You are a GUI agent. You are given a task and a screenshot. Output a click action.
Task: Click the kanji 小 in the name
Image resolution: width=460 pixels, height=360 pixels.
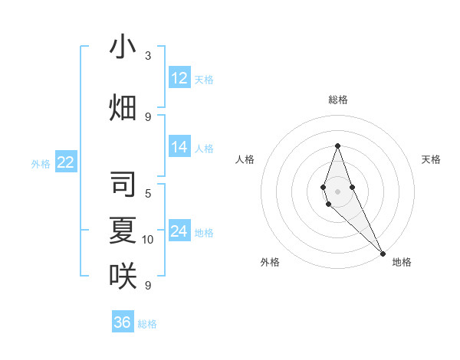(x=123, y=47)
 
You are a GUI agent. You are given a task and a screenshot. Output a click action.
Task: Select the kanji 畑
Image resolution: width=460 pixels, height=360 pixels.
(x=123, y=108)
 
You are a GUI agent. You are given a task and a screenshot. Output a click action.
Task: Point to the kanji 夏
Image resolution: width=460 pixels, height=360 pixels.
(x=123, y=231)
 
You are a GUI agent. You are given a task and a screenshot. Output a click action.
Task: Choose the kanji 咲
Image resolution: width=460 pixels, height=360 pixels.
(x=123, y=276)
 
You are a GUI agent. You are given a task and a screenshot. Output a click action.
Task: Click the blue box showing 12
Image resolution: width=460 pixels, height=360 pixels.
(x=179, y=78)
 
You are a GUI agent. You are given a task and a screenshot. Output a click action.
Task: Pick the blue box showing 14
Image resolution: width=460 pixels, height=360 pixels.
(x=179, y=147)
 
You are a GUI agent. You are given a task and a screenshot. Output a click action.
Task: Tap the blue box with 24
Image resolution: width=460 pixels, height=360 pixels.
(x=179, y=231)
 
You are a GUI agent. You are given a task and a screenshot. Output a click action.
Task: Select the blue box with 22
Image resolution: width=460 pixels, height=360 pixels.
(x=65, y=162)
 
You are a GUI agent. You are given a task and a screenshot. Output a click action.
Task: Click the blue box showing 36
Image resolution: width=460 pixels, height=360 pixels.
(x=123, y=322)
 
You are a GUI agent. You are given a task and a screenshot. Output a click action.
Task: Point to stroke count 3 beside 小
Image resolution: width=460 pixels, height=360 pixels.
(x=148, y=56)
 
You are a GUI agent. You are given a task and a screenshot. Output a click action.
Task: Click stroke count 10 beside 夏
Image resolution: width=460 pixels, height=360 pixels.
(x=148, y=240)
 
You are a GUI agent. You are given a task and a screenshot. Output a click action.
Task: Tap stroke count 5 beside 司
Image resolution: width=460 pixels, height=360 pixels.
(x=148, y=194)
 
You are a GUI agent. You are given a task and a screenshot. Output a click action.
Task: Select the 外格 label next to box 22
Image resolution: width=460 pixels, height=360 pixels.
(x=40, y=163)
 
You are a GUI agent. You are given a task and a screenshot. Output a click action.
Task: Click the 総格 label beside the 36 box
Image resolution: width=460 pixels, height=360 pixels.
(x=147, y=324)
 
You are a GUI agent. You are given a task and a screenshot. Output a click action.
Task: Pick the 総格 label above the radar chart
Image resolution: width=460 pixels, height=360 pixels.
(x=337, y=100)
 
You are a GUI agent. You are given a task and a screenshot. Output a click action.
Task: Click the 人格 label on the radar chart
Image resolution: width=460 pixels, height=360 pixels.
(x=245, y=159)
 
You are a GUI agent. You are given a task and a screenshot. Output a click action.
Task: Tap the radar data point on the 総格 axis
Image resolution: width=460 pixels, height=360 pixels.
(x=337, y=146)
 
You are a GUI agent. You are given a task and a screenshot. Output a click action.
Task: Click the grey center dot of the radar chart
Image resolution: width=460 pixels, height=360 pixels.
(x=337, y=191)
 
